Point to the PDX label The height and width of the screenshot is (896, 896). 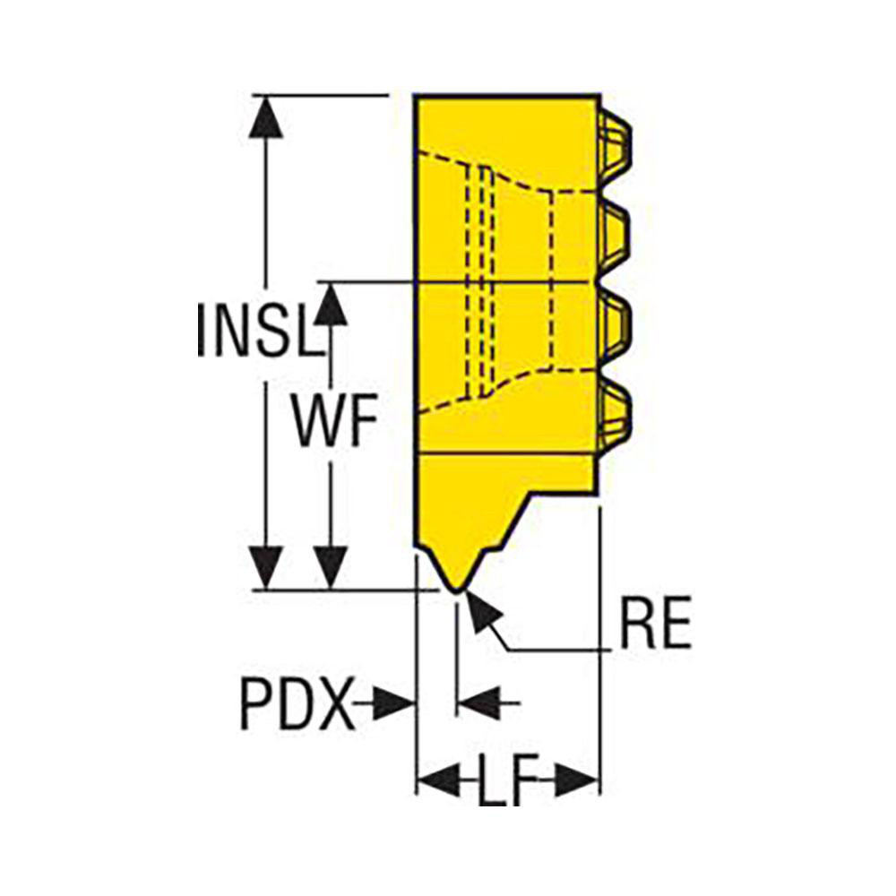point(295,706)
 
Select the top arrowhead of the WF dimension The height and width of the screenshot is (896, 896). point(332,305)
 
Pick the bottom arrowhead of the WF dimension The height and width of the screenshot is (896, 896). point(332,567)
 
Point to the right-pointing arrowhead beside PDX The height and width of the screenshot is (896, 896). point(394,703)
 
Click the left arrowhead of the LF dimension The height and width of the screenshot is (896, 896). point(436,781)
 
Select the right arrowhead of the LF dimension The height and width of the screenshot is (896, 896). point(579,781)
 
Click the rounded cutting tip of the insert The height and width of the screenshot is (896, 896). point(456,588)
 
